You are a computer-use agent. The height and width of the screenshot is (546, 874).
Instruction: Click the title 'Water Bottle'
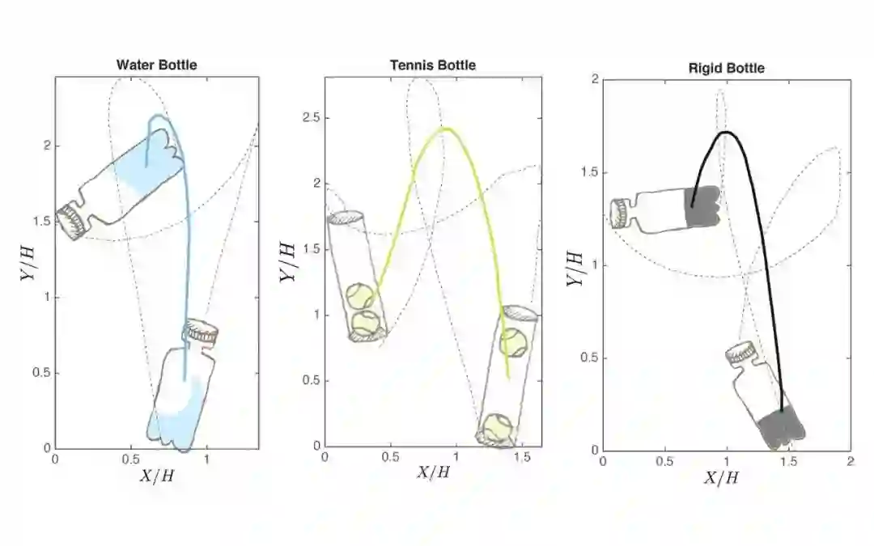[157, 65]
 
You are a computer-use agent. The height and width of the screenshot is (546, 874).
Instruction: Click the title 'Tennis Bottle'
[433, 66]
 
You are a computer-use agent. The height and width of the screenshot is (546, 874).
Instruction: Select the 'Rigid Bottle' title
[726, 68]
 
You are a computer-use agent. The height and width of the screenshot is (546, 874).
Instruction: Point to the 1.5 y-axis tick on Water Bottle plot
[41, 221]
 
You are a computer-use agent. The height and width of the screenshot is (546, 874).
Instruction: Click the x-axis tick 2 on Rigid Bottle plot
[850, 462]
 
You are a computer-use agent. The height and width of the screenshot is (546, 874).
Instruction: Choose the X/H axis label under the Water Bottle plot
[157, 476]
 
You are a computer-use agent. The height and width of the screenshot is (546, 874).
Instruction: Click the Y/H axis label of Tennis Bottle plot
[287, 262]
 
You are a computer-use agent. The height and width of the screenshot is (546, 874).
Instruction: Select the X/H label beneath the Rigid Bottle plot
[722, 477]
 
